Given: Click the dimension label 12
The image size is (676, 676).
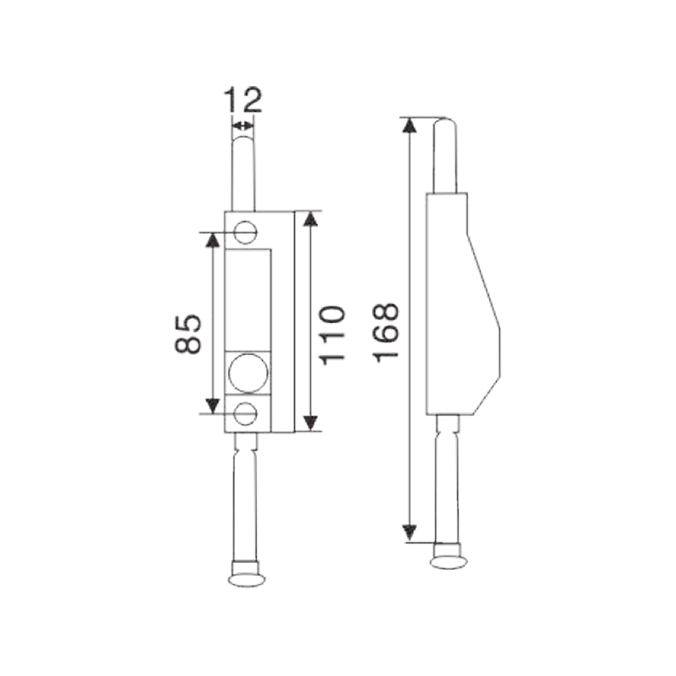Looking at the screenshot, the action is (243, 100).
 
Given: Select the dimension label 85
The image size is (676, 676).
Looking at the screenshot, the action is (188, 334).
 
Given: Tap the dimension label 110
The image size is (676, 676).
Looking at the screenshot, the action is (332, 335).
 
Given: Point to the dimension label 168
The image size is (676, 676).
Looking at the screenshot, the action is (386, 333).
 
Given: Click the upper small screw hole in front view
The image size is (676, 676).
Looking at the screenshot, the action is (246, 232).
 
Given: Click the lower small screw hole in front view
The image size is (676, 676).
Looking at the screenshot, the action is (246, 413).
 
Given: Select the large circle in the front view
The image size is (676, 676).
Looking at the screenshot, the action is (248, 373).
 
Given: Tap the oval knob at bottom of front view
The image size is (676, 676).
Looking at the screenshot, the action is (247, 580).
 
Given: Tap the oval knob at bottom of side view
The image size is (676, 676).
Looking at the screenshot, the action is (449, 562).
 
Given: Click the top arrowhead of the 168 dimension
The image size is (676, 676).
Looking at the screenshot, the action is (410, 125).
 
